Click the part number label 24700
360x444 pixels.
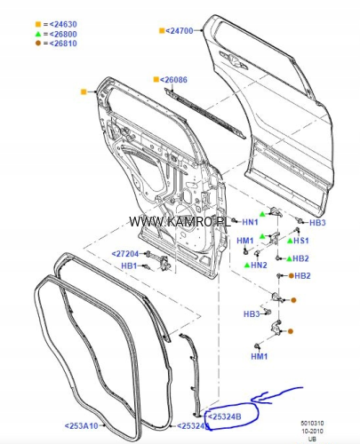pyautogui.click(x=180, y=30)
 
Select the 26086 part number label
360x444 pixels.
pyautogui.click(x=173, y=80)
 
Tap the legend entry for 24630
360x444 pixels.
pyautogui.click(x=56, y=24)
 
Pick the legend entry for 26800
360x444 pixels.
pyautogui.click(x=56, y=34)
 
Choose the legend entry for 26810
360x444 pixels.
pyautogui.click(x=56, y=44)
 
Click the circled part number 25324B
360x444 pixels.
pyautogui.click(x=225, y=416)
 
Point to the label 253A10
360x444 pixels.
pyautogui.click(x=81, y=426)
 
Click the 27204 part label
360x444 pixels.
pyautogui.click(x=125, y=254)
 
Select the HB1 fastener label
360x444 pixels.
pyautogui.click(x=129, y=266)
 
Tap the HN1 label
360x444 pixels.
pyautogui.click(x=250, y=222)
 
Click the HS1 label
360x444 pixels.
pyautogui.click(x=301, y=241)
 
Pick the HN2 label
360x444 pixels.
pyautogui.click(x=259, y=265)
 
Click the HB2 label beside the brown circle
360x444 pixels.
pyautogui.click(x=302, y=276)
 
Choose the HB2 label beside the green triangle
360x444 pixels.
pyautogui.click(x=300, y=258)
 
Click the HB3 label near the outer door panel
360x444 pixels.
pyautogui.click(x=317, y=223)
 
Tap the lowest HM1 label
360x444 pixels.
pyautogui.click(x=260, y=356)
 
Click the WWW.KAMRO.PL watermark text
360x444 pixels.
pyautogui.click(x=180, y=222)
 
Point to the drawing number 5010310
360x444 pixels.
pyautogui.click(x=312, y=424)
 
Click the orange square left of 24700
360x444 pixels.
pyautogui.click(x=162, y=31)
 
